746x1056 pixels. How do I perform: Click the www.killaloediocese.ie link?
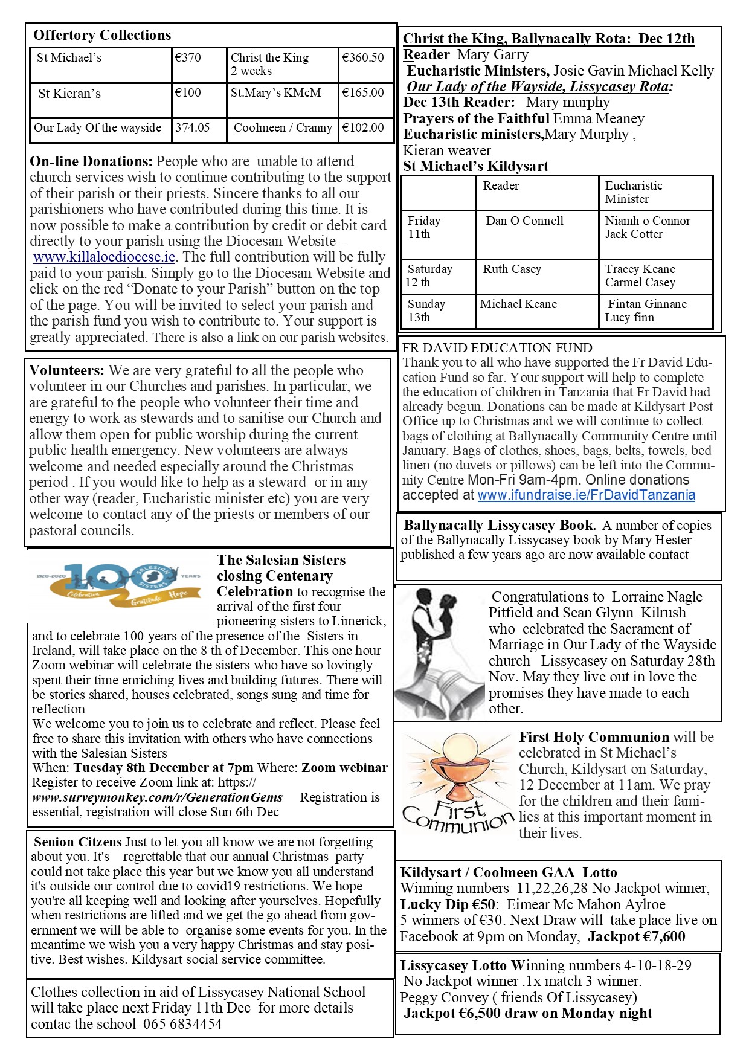[x=105, y=257]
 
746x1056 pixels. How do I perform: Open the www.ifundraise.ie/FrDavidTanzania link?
[x=586, y=495]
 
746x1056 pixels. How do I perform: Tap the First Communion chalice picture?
[x=457, y=779]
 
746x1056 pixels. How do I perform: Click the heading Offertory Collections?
[x=102, y=35]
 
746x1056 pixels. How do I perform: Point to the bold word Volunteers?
[x=66, y=370]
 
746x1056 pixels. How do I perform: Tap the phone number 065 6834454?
[x=182, y=1024]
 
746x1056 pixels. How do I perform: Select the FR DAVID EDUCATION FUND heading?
[x=497, y=348]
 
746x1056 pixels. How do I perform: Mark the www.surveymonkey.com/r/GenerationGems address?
[x=157, y=797]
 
